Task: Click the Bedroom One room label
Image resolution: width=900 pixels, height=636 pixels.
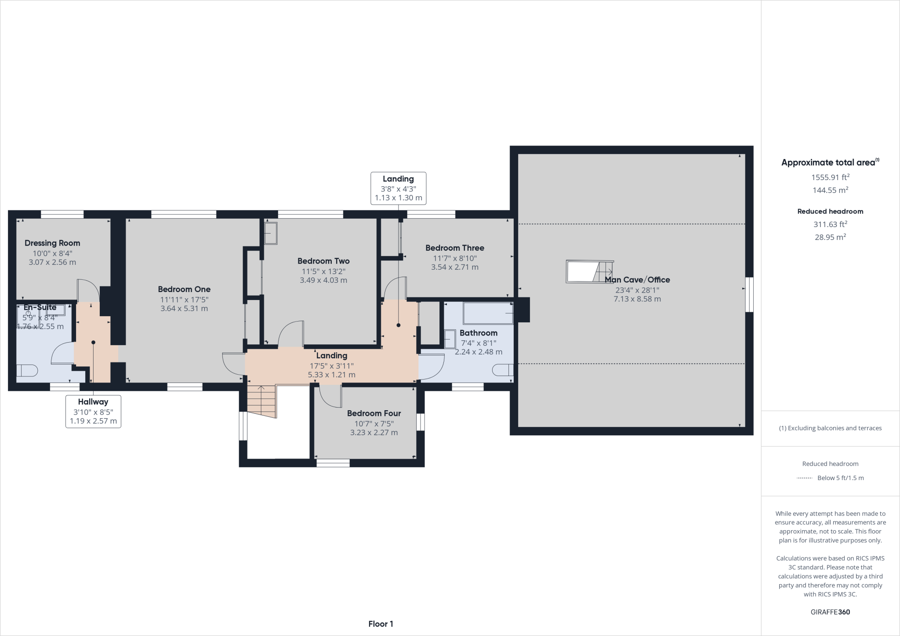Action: click(184, 289)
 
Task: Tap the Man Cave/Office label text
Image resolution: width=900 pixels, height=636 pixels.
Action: click(637, 280)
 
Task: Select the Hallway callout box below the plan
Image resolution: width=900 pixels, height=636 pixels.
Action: click(93, 411)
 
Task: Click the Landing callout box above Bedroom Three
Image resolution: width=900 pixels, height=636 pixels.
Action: click(398, 188)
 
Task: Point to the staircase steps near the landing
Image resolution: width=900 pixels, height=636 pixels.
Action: click(261, 401)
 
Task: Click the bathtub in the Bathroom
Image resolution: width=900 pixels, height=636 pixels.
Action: click(488, 313)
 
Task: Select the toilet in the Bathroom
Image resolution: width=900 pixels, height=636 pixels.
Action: click(503, 370)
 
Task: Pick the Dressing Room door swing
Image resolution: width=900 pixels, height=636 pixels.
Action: click(88, 290)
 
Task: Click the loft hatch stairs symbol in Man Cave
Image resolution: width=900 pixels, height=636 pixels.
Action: click(590, 272)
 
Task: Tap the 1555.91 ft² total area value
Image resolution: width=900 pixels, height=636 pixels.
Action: click(830, 177)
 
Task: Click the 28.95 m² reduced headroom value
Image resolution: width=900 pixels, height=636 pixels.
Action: click(830, 237)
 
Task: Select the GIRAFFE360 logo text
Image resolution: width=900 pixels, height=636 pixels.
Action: click(830, 612)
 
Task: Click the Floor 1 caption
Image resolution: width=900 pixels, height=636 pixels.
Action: click(381, 624)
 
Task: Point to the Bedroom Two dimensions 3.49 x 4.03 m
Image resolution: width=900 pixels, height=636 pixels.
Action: click(323, 280)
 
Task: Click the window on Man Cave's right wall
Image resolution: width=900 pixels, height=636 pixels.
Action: click(750, 294)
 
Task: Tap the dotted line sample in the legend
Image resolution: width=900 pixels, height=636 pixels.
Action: click(804, 478)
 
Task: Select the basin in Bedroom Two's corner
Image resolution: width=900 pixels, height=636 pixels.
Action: click(270, 233)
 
